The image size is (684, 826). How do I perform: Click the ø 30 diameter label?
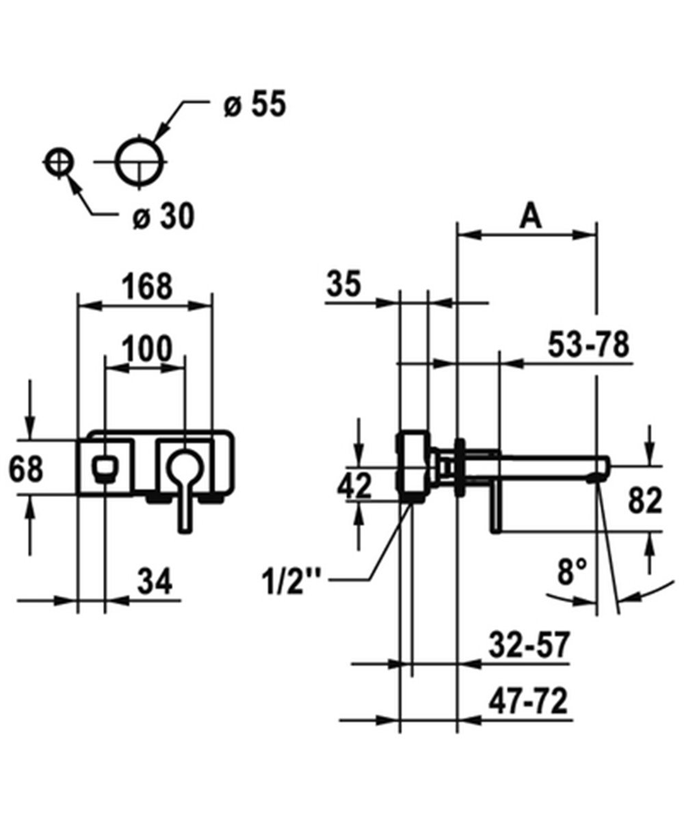point(163,216)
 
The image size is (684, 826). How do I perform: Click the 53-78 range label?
point(588,345)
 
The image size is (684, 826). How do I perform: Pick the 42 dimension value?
point(354,486)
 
